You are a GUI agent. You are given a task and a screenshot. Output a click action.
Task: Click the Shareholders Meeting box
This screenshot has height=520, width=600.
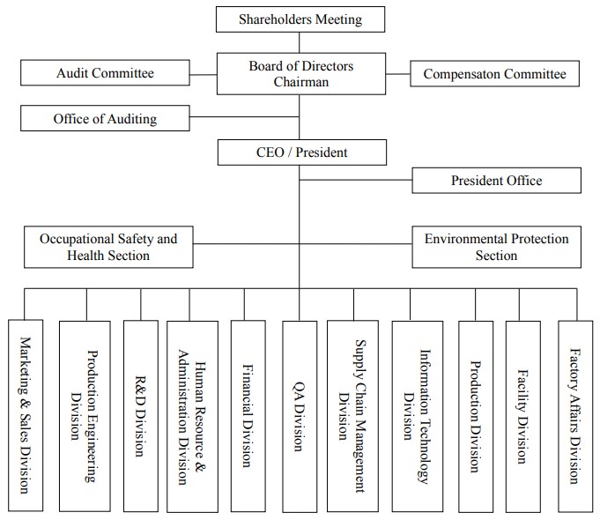300,19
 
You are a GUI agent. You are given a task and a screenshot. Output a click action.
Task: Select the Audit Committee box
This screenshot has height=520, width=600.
105,72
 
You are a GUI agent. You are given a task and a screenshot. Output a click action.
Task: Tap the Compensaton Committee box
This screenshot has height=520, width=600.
494,73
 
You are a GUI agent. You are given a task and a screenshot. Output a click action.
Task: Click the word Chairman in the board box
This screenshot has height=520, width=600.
301,82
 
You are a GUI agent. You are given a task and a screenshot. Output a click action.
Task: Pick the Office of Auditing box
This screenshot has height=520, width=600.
105,118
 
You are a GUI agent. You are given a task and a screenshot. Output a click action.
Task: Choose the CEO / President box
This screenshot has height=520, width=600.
302,152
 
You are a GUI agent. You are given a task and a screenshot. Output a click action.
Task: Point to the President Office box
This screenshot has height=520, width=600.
496,181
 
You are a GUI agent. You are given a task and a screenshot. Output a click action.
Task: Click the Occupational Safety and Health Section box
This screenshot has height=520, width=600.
108,247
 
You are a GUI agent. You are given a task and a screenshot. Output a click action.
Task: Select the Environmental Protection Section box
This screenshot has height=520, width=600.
496,247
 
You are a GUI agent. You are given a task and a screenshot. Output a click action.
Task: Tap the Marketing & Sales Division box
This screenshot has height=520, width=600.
26,415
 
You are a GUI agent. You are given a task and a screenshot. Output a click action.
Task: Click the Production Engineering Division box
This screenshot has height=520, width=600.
85,416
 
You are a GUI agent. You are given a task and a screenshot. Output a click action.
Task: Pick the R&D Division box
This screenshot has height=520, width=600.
140,416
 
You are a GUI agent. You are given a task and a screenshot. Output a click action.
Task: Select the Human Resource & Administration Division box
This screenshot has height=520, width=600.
192,417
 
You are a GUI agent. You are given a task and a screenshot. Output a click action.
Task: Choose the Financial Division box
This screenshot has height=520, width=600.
248,416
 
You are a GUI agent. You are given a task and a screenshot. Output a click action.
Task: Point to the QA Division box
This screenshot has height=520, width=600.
300,417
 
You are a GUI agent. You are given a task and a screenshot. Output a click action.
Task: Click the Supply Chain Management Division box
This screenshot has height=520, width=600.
352,416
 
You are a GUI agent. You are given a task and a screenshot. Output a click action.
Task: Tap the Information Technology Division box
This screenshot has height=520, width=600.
418,417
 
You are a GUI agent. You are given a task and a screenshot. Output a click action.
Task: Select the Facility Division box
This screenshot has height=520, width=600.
523,417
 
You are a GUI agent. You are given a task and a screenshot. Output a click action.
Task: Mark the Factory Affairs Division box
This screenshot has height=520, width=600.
575,417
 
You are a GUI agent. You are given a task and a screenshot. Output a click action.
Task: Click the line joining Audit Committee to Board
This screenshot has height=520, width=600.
204,75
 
